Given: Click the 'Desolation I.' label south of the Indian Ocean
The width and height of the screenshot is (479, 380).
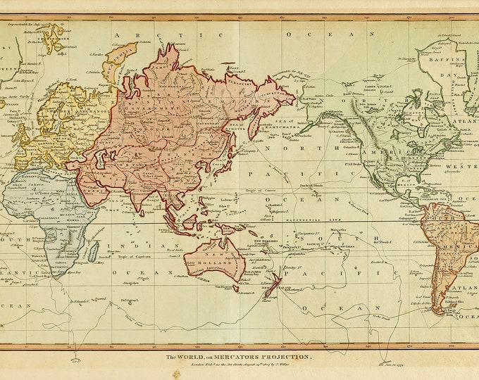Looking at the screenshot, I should [x=130, y=300].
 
